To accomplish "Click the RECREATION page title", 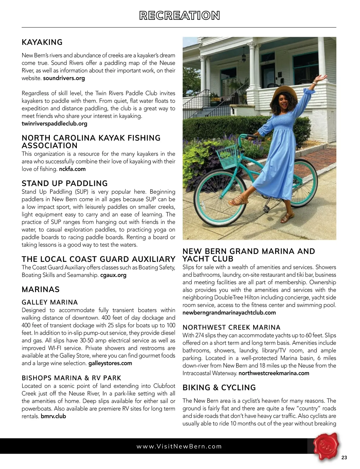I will [x=179, y=16].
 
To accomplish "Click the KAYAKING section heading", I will [x=42, y=42].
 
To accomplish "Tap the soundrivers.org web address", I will [x=64, y=78].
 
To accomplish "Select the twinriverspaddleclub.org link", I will [x=54, y=124].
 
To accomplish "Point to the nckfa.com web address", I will [x=72, y=169].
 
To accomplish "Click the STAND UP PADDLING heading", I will [x=64, y=184].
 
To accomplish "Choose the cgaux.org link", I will [x=113, y=275].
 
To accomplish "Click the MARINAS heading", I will [x=40, y=290].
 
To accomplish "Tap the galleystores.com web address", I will [x=110, y=363].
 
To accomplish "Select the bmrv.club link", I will [x=53, y=416].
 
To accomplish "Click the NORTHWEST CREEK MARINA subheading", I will [x=231, y=327].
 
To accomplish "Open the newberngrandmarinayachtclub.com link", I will [x=229, y=313].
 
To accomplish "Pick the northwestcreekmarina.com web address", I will [x=274, y=373].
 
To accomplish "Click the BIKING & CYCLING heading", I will [x=219, y=388].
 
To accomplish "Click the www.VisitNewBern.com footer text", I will [x=179, y=446].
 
